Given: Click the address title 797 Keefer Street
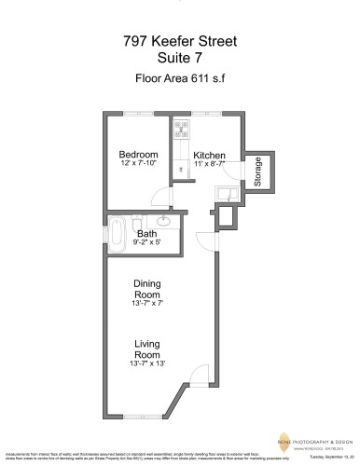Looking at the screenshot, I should pyautogui.click(x=179, y=42).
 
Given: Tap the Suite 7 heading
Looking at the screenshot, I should pyautogui.click(x=179, y=59).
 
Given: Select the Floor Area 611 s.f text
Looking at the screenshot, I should pyautogui.click(x=179, y=79).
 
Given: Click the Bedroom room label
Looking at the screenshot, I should pyautogui.click(x=138, y=155).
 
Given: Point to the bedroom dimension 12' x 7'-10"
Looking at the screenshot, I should pyautogui.click(x=138, y=164).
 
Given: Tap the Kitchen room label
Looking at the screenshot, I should pyautogui.click(x=209, y=155).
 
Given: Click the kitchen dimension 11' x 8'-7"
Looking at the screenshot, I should pyautogui.click(x=209, y=164).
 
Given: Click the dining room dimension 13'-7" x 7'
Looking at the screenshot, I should pyautogui.click(x=147, y=303).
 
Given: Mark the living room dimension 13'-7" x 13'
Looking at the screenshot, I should pyautogui.click(x=147, y=363).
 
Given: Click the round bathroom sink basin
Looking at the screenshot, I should pyautogui.click(x=162, y=220).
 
